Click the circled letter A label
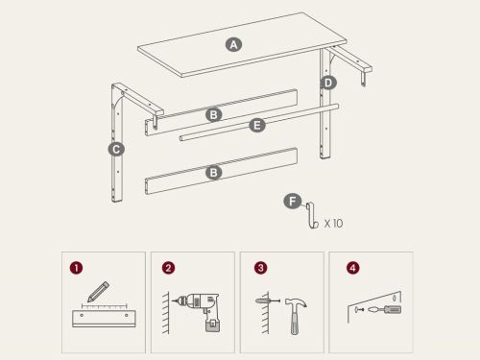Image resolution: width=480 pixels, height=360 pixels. [x=233, y=44]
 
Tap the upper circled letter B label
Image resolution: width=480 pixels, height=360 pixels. [x=214, y=114]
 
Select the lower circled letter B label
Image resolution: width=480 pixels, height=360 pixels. [x=214, y=173]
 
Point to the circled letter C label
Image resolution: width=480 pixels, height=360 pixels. [x=116, y=149]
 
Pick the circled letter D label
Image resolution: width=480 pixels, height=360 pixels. [x=328, y=83]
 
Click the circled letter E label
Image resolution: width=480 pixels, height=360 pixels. [x=257, y=126]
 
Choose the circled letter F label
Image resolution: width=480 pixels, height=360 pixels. [x=293, y=202]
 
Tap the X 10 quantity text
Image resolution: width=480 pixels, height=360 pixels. [x=333, y=223]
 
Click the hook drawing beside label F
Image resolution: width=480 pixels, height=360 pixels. [x=312, y=215]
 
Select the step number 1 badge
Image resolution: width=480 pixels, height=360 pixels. [x=76, y=268]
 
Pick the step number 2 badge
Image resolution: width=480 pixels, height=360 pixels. [x=168, y=268]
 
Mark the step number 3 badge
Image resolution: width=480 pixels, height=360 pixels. [x=260, y=268]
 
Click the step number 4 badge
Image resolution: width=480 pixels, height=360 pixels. [x=352, y=268]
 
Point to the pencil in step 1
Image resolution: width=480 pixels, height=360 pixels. [x=98, y=292]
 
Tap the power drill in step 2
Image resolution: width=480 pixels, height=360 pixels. [x=199, y=310]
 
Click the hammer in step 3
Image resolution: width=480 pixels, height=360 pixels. [x=295, y=316]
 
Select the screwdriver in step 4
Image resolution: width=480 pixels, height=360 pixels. [x=385, y=310]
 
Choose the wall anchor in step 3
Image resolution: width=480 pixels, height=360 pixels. [x=268, y=300]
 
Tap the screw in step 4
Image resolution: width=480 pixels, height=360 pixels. [x=359, y=309]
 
